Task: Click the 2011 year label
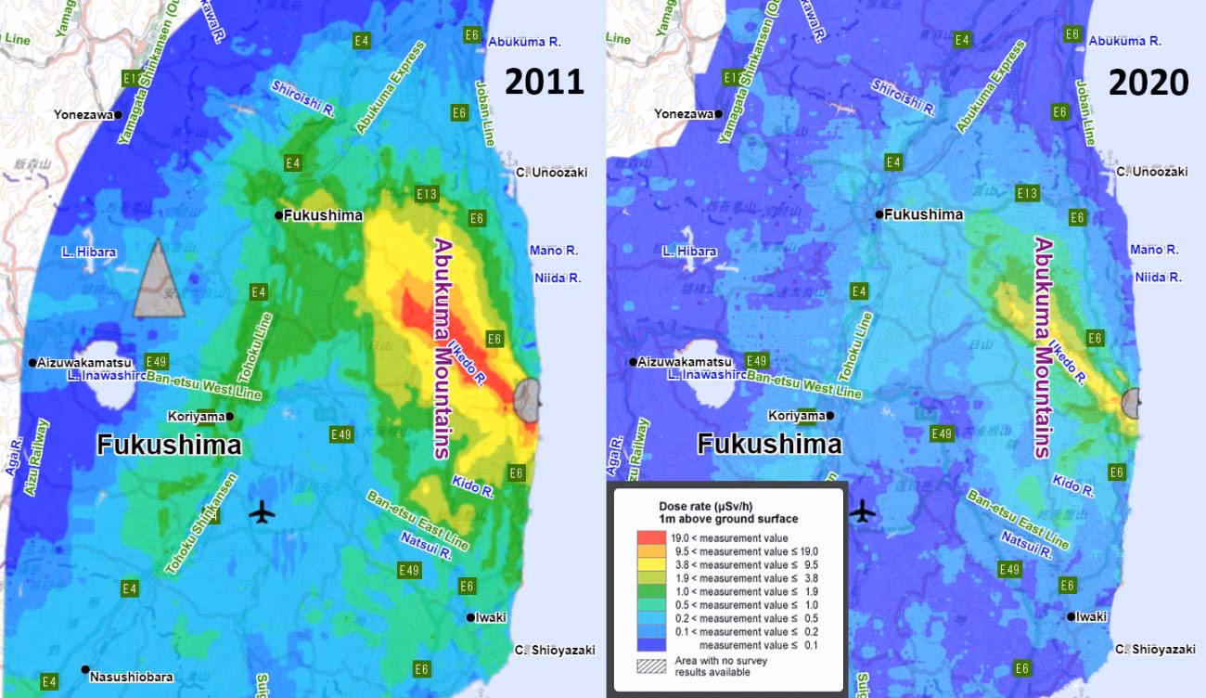click(544, 82)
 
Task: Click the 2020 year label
click(1148, 83)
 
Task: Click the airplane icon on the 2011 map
click(263, 511)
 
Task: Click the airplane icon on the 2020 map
click(863, 511)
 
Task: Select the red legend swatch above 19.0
click(651, 537)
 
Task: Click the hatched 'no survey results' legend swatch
click(651, 666)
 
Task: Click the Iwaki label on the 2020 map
click(1092, 616)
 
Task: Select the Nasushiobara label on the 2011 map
click(131, 678)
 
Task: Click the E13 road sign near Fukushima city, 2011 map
click(427, 194)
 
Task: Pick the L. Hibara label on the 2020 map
click(689, 252)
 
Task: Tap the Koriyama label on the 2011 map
click(196, 416)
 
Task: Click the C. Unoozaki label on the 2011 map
click(551, 172)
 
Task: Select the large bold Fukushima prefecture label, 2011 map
click(169, 445)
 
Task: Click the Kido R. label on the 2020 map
click(1073, 484)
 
